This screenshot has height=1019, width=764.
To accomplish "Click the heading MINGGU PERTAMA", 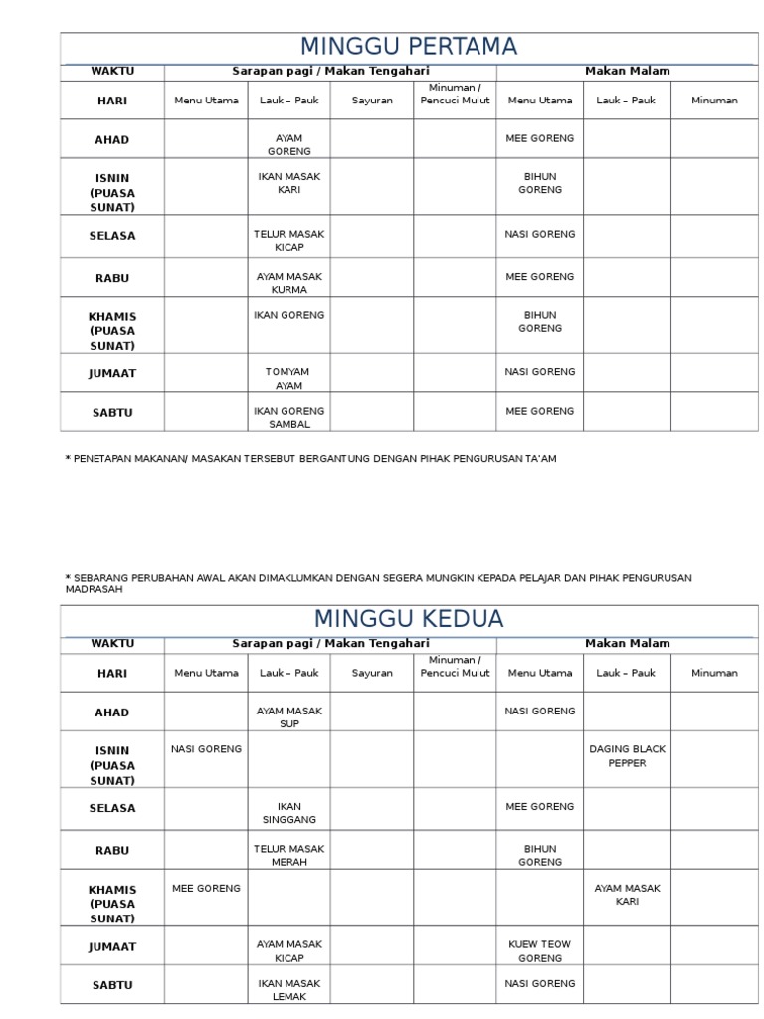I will [x=409, y=47].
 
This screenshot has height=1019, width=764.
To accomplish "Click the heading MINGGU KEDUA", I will [x=409, y=618].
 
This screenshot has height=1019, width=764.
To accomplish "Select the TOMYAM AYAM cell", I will [x=288, y=378].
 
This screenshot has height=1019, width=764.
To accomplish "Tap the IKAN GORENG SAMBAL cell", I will [x=288, y=417].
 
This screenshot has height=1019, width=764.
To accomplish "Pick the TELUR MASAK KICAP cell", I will [x=288, y=240].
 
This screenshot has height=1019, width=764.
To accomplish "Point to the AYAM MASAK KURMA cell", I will [x=288, y=283].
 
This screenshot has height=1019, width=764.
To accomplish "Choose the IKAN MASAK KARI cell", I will [x=288, y=183].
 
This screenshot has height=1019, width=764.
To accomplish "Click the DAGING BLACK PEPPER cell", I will [x=627, y=756].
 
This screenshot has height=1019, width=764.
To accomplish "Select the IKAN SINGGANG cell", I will [x=288, y=812].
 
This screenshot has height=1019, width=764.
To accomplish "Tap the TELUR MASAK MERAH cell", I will [x=288, y=855].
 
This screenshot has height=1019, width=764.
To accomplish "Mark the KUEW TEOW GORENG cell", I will [x=540, y=951].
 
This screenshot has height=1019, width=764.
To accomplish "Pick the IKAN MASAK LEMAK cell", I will [x=288, y=989].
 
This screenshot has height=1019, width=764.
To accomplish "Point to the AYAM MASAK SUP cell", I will [x=288, y=717].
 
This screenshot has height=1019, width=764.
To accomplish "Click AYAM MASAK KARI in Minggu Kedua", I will [x=627, y=894].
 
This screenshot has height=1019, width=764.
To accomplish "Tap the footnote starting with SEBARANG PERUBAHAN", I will [x=378, y=582].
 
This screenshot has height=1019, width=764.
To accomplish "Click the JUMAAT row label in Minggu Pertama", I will [x=112, y=374].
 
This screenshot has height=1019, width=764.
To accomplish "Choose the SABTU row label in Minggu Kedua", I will [x=112, y=985].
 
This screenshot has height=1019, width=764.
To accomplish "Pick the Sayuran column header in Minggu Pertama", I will [x=372, y=101].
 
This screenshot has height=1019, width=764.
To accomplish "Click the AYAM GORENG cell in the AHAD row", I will [x=288, y=145].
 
